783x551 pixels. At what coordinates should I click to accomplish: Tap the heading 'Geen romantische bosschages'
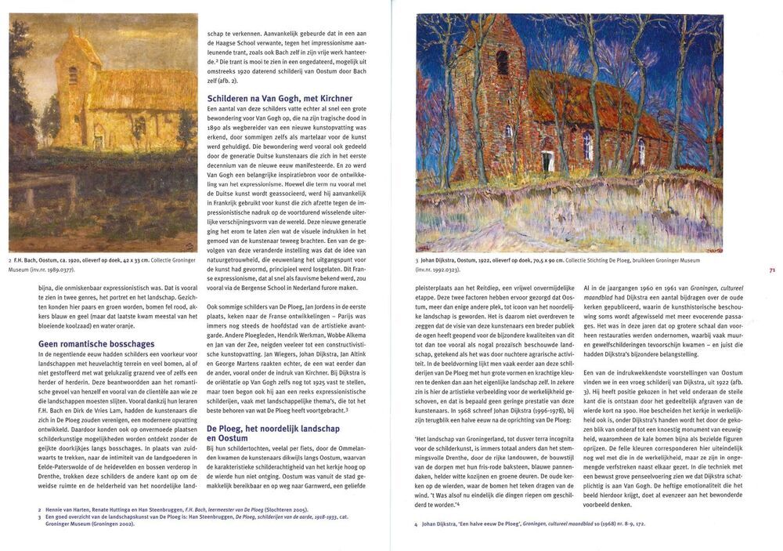(x=96, y=343)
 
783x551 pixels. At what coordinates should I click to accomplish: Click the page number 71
(x=771, y=270)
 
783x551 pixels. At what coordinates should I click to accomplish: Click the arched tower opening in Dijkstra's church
(x=502, y=63)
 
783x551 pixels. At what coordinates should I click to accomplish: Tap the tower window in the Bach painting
(x=73, y=75)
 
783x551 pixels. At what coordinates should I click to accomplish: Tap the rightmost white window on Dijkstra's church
(x=640, y=150)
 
